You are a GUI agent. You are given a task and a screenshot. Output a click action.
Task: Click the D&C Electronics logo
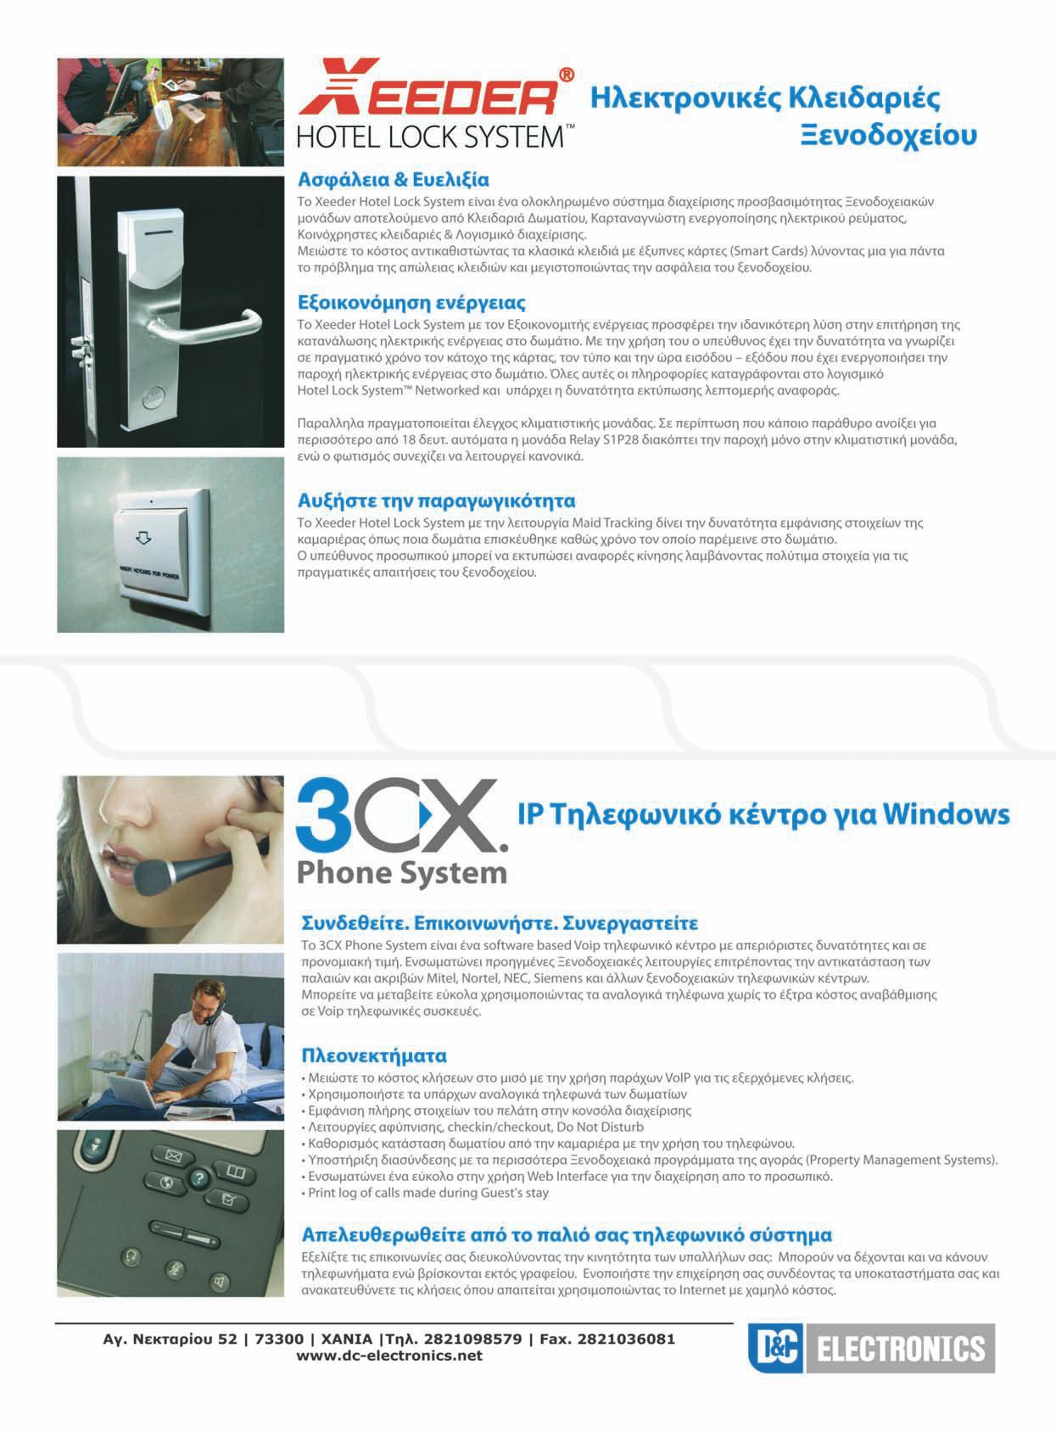[x=871, y=1348]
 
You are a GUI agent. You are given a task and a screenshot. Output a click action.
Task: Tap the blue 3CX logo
[x=401, y=814]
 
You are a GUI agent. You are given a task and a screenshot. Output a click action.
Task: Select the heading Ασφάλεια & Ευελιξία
[x=393, y=180]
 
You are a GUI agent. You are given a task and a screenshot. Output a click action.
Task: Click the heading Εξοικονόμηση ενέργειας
[x=411, y=302]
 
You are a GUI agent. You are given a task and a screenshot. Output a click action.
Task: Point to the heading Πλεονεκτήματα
[x=374, y=1055]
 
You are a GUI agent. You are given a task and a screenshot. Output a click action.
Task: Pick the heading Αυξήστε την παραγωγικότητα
[x=437, y=501]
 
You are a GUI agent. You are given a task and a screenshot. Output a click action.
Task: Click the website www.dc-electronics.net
[x=389, y=1356]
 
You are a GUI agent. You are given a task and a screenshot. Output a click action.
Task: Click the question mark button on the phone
[x=199, y=1177]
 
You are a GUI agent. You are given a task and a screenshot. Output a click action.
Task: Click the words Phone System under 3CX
[x=402, y=873]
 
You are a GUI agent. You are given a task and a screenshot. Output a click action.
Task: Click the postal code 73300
[x=279, y=1339]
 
